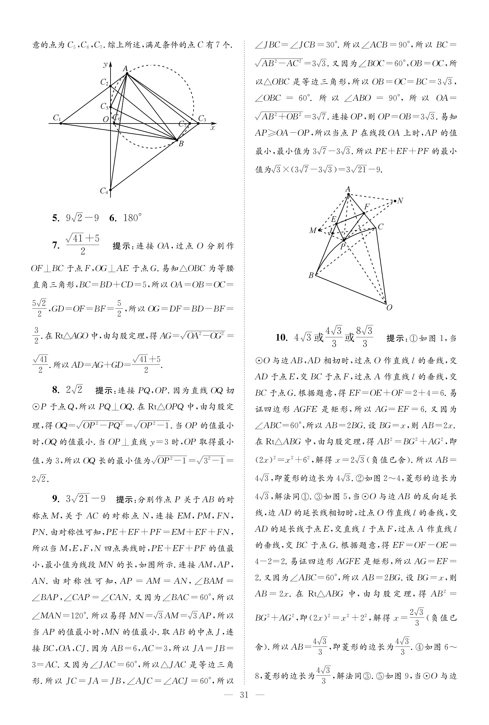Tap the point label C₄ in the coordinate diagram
click(104, 191)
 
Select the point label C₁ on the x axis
click(57, 118)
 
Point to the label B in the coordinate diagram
click(181, 144)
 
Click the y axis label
click(105, 64)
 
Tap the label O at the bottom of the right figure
click(389, 307)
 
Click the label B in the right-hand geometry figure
click(311, 275)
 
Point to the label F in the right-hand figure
click(367, 207)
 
